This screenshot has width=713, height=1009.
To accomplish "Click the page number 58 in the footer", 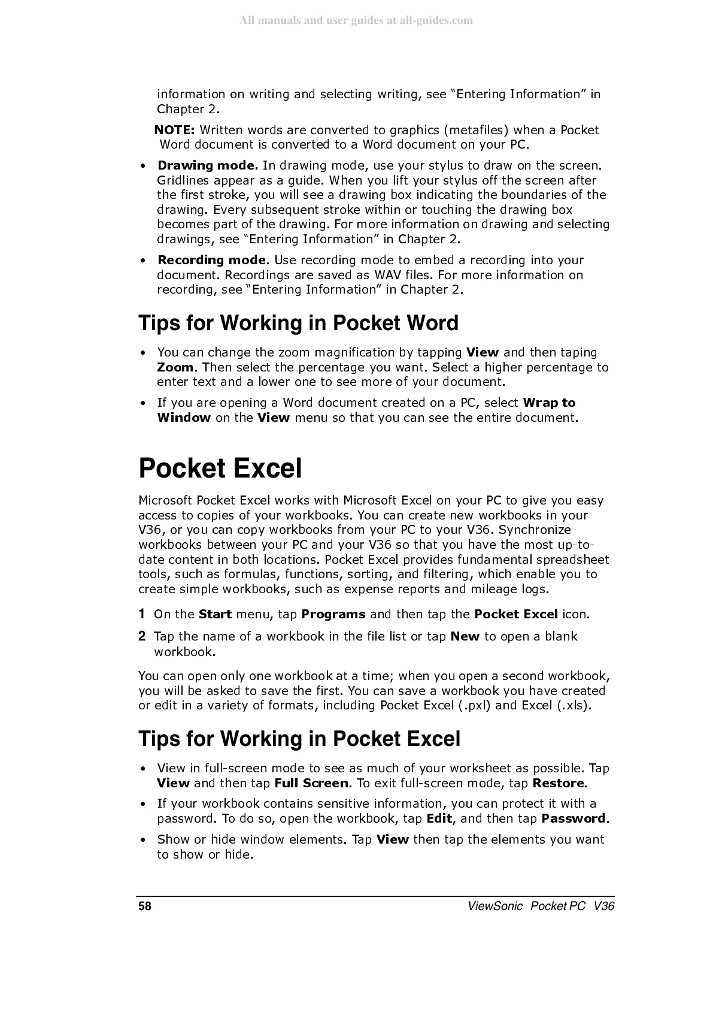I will pos(145,906).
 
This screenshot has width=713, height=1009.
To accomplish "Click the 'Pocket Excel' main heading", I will pos(220,468).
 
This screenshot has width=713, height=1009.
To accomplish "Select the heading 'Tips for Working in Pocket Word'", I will pos(298,323).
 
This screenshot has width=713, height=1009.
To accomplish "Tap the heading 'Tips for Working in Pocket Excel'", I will pos(299,739).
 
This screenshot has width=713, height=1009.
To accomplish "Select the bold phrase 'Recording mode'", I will pos(211,260).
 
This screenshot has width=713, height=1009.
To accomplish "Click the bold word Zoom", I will pos(175,367).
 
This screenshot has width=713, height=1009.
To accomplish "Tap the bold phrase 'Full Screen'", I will pos(311,783).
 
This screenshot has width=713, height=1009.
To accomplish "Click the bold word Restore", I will pos(558,783).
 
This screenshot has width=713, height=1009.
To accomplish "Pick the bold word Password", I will pos(574,818).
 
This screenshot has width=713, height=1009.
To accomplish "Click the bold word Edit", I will pos(439,818).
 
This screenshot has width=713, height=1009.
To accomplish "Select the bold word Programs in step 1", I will pos(333,614).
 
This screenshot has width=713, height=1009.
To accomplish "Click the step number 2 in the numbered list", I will pos(142,636).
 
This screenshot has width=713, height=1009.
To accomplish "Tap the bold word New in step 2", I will pos(465,636).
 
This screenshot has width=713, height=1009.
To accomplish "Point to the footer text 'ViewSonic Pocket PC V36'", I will pos(541,906).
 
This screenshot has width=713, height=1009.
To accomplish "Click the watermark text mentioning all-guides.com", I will pos(356,21).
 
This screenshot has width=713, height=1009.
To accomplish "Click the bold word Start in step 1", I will pos(215,614).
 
